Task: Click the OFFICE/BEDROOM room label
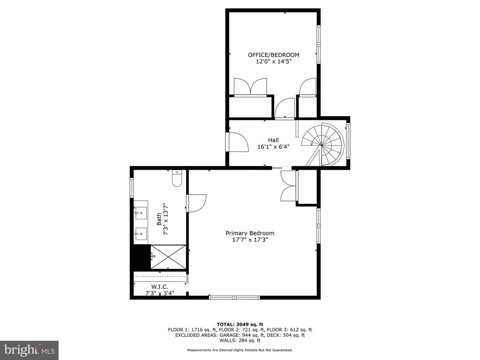click(x=273, y=55)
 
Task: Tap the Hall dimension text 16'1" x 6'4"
click(x=273, y=147)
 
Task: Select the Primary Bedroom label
click(x=250, y=233)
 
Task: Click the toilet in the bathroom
click(x=177, y=179)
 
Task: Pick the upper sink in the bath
click(x=141, y=213)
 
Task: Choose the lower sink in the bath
click(x=141, y=234)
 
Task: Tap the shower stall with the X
click(x=168, y=257)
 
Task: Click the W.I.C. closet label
click(x=160, y=287)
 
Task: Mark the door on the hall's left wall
click(x=238, y=142)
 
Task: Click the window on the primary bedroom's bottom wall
click(x=234, y=297)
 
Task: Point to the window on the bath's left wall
click(x=132, y=187)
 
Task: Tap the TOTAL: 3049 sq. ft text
click(x=240, y=324)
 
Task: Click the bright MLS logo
click(x=30, y=350)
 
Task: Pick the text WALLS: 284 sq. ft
click(x=240, y=340)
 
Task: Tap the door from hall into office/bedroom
click(x=285, y=108)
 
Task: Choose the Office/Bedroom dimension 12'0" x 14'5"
click(x=273, y=61)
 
